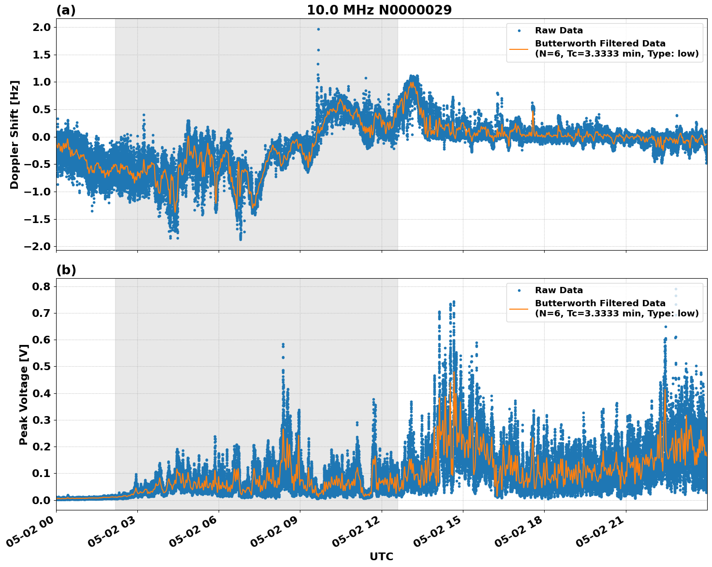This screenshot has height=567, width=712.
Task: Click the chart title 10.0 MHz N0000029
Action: point(379,10)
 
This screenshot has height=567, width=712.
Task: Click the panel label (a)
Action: point(66,10)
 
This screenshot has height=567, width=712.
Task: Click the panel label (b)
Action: point(66,270)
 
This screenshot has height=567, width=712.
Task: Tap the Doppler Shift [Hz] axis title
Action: point(15,134)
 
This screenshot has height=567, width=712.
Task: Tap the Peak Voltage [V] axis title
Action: point(23,394)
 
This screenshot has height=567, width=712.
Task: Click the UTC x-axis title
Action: point(381,556)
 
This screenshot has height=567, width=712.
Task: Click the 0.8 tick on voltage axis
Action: point(41,287)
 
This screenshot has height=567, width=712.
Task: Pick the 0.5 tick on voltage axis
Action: point(41,367)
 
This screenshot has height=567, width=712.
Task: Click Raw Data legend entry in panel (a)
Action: point(559,30)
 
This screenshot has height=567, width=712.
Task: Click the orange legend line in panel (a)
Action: point(519,49)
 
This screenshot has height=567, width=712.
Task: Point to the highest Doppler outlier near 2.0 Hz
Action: point(318,29)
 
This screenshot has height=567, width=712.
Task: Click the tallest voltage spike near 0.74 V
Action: point(453,301)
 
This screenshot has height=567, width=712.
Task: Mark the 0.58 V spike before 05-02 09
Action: point(283,344)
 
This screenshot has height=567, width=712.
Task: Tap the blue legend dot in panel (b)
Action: point(519,290)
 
